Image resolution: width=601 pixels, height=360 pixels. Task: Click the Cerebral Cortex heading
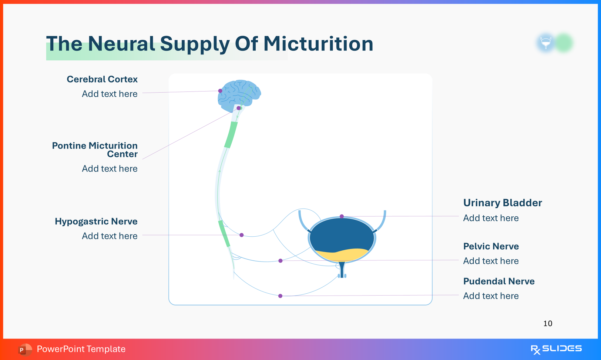pos(102,79)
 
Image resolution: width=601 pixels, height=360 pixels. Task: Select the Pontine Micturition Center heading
pos(95,150)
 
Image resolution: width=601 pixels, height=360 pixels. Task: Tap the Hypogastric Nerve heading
pos(96,221)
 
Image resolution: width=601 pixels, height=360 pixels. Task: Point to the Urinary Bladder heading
pos(503,203)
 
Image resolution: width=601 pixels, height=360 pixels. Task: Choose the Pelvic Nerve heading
pos(491,246)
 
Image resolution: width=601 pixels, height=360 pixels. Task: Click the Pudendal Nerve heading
pos(499,281)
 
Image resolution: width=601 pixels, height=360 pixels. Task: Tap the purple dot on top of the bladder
pos(342,216)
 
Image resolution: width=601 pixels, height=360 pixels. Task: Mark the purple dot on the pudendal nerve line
pos(280,296)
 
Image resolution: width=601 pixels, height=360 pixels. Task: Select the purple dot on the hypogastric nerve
pos(242,235)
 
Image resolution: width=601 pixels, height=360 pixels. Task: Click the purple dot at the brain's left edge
pos(220,91)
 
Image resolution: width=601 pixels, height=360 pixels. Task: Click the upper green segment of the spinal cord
pos(231,135)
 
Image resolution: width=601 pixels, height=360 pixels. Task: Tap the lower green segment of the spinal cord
pos(224,233)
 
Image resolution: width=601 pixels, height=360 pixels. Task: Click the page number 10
pos(548,323)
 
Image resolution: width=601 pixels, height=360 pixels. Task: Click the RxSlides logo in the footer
pos(556,349)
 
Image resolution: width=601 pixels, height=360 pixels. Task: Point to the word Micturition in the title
pos(318,44)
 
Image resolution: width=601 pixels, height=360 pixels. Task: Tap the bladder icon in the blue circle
pos(545,43)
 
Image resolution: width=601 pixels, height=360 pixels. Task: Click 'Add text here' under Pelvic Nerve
pos(491,261)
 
